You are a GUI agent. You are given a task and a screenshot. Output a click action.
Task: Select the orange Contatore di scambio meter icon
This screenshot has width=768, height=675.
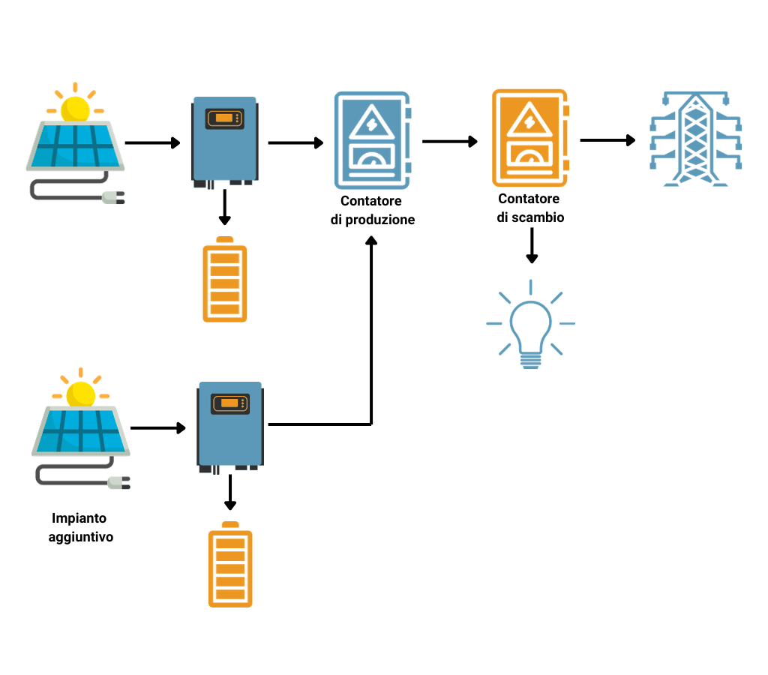(529, 138)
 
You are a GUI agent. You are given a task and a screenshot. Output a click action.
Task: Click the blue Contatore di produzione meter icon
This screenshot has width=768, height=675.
(373, 140)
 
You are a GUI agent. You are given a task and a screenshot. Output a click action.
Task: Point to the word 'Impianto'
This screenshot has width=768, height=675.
(79, 518)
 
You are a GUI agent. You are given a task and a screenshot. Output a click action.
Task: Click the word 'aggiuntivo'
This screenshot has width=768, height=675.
(81, 537)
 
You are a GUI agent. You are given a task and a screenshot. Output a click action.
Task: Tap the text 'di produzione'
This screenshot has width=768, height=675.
(372, 220)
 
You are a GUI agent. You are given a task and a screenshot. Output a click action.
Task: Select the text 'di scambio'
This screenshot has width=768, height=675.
(530, 217)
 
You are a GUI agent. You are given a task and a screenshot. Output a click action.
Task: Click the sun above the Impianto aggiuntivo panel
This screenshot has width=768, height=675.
(80, 392)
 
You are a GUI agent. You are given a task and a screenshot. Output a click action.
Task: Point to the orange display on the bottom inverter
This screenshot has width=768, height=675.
(229, 403)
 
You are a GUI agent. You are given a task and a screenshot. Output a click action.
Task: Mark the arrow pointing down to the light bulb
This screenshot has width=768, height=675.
(531, 245)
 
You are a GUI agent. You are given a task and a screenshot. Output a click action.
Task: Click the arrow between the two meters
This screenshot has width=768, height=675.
(450, 141)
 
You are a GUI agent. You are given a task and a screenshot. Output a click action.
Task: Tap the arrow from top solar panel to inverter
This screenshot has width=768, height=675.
(153, 142)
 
